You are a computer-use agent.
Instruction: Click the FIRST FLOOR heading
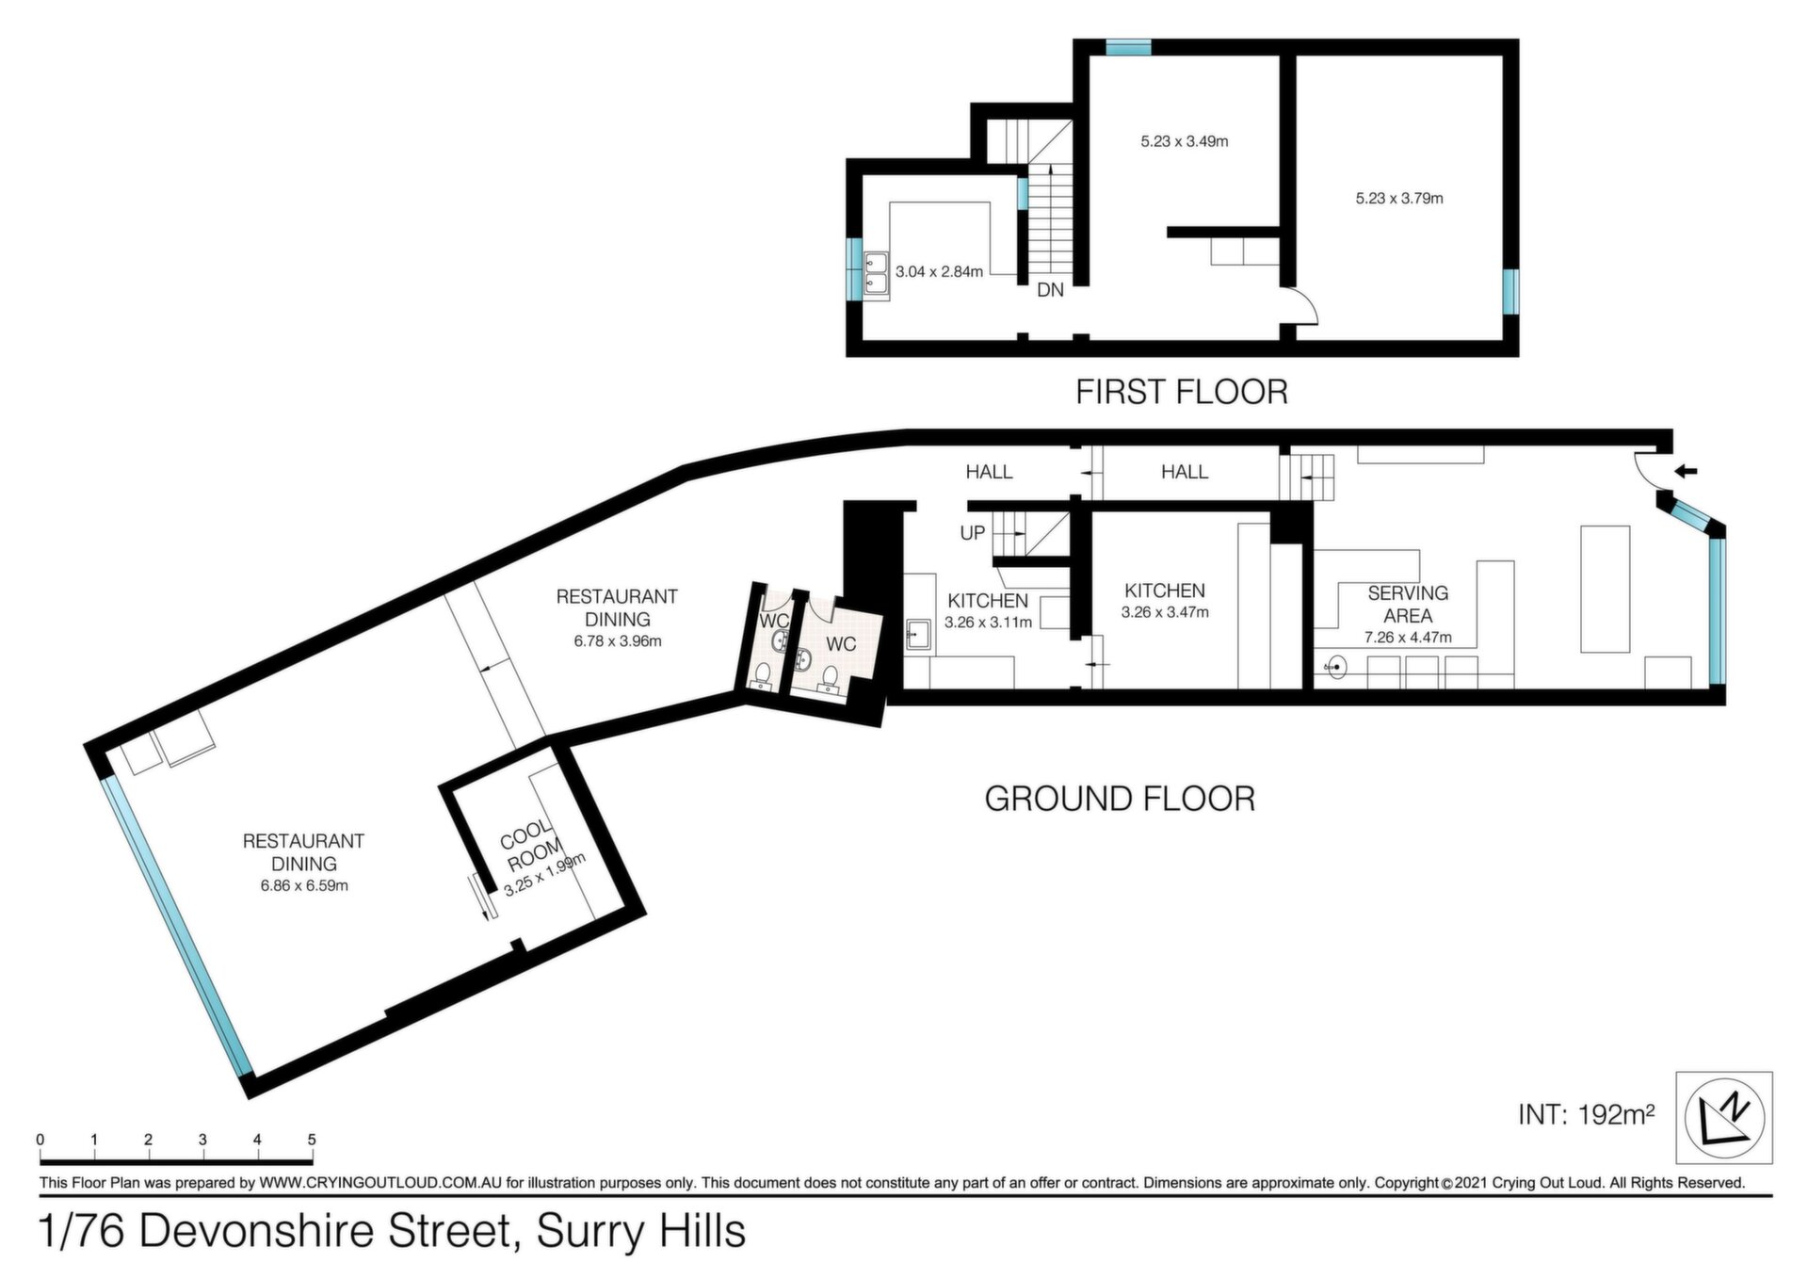coord(1182,392)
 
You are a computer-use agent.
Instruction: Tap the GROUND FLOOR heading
coord(1120,799)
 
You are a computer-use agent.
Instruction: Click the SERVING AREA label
coord(1408,605)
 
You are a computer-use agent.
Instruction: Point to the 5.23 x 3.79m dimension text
coord(1399,199)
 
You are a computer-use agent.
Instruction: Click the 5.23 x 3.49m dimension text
coord(1185,142)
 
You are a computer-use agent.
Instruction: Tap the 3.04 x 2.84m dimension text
coord(939,272)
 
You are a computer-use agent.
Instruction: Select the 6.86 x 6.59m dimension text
coord(304,886)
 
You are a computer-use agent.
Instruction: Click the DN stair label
coord(1050,290)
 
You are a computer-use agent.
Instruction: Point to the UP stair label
coord(973,533)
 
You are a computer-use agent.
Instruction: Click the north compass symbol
coord(1724,1117)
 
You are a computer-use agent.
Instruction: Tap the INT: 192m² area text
coord(1587,1115)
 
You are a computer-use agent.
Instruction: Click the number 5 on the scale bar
coord(312,1140)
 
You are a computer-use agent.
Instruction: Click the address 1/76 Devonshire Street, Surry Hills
coord(393,1232)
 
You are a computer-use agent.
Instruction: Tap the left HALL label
coord(989,472)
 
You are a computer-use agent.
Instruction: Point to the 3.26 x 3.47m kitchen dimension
coord(1165,612)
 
